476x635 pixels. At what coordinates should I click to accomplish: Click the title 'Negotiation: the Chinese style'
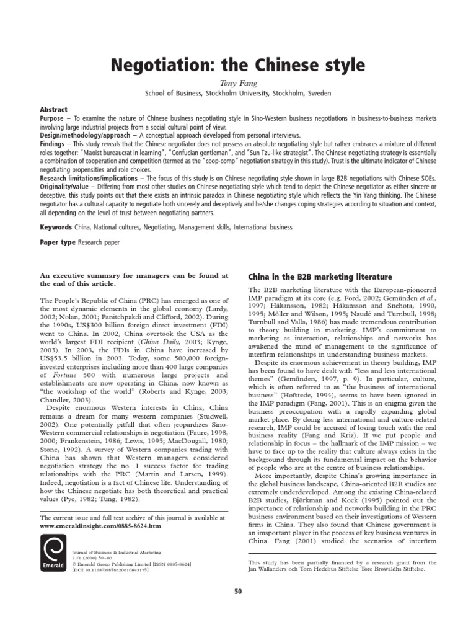click(x=237, y=66)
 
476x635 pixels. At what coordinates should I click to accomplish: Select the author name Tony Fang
click(x=237, y=82)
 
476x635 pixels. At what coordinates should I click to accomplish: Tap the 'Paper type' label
click(x=58, y=242)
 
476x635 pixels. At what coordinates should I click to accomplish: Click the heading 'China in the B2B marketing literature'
click(x=320, y=277)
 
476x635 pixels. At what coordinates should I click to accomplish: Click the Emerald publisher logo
click(x=53, y=557)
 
